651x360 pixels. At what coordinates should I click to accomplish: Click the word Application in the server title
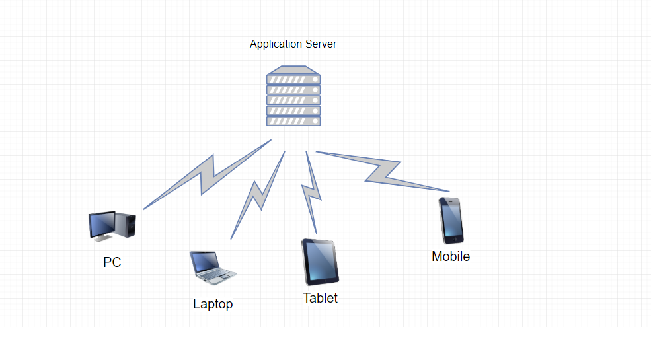(x=275, y=44)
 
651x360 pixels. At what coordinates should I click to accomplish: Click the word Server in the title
(x=321, y=44)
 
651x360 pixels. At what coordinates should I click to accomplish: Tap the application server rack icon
(x=293, y=96)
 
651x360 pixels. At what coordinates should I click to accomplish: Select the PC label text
(x=112, y=262)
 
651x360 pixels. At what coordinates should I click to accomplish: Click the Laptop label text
(x=213, y=304)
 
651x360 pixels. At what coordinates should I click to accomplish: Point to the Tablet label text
(x=321, y=298)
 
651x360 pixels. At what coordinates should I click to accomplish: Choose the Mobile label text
(x=451, y=256)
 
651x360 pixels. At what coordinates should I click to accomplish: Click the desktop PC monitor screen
(x=102, y=225)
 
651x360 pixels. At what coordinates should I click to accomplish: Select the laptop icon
(x=212, y=268)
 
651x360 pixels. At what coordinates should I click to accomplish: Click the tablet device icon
(x=321, y=262)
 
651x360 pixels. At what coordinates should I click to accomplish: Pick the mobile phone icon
(x=451, y=221)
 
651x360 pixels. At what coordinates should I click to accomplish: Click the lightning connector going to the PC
(x=208, y=174)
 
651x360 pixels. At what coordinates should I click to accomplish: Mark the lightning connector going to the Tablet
(x=311, y=192)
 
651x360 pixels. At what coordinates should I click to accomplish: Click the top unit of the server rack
(x=293, y=79)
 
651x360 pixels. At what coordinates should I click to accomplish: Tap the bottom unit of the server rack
(x=293, y=121)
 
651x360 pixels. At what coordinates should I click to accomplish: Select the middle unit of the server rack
(x=293, y=100)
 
